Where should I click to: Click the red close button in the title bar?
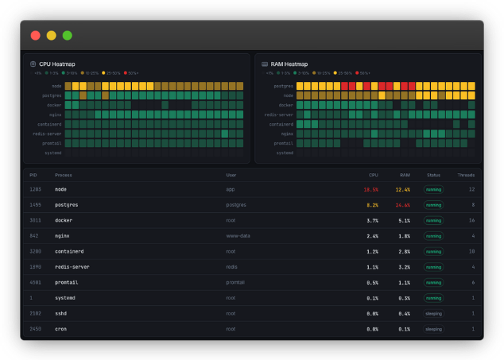[x=35, y=35]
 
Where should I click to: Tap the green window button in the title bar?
[x=67, y=35]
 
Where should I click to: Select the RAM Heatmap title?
[x=289, y=64]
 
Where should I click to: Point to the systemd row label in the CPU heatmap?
[x=52, y=153]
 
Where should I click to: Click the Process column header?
[x=63, y=175]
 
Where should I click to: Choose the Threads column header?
[x=466, y=175]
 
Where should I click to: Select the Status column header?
[x=433, y=175]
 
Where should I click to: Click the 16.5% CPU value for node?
[x=370, y=190]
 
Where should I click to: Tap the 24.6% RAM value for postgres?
[x=402, y=205]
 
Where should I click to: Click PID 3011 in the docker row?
[x=35, y=220]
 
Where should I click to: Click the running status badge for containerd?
[x=433, y=251]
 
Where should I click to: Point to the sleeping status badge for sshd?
[x=433, y=313]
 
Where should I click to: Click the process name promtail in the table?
[x=66, y=282]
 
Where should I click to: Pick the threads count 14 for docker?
[x=471, y=220]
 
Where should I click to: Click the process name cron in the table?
[x=60, y=328]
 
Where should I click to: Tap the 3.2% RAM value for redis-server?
[x=404, y=267]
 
